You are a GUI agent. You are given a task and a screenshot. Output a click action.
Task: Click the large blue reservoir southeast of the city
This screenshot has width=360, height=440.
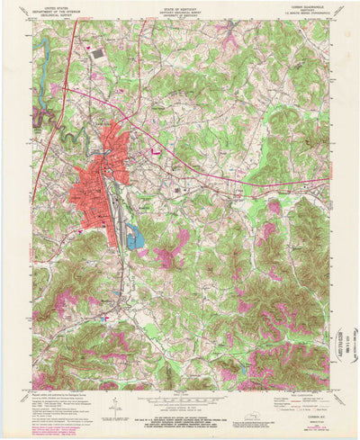pyautogui.click(x=135, y=238)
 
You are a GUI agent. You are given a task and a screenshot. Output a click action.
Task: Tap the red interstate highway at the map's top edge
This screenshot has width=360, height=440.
pyautogui.click(x=72, y=34)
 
